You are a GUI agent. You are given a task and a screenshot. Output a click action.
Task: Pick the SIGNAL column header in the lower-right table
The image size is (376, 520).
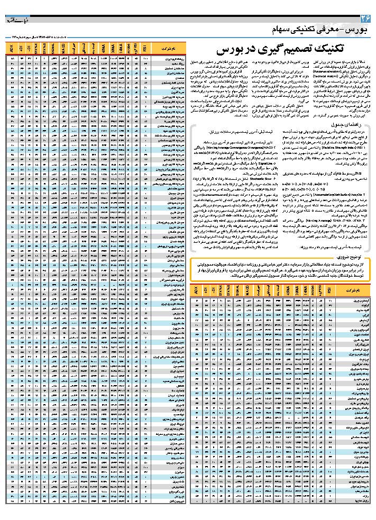coord(237,291)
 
